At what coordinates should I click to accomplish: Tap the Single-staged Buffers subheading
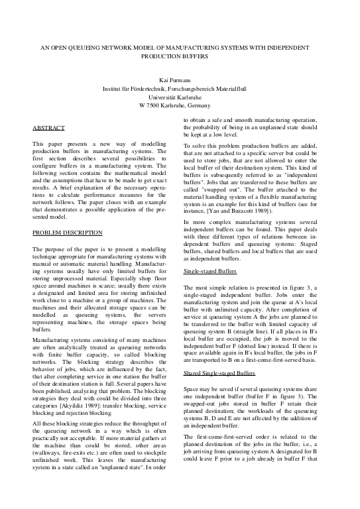208,290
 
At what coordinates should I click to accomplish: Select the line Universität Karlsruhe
180,97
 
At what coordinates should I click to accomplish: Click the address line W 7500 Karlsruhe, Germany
179,105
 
